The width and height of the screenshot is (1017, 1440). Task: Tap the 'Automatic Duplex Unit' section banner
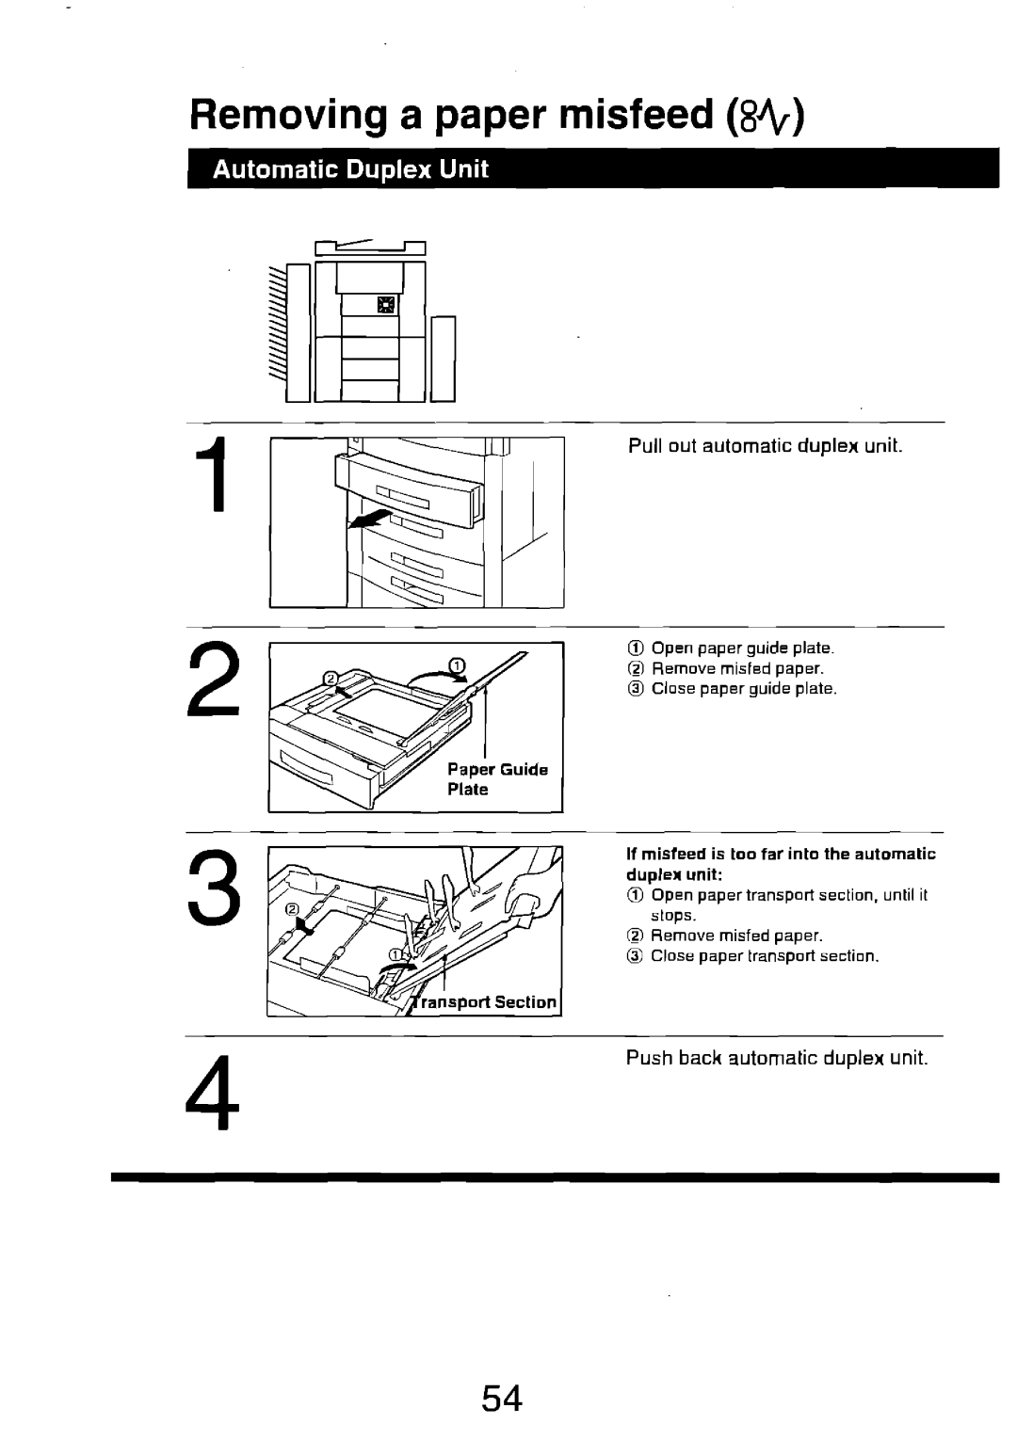350,170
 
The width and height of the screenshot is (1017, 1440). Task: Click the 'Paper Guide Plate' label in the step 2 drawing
496,779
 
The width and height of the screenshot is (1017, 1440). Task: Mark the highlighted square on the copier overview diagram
386,303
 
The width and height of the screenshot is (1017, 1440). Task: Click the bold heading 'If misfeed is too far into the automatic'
782,855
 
